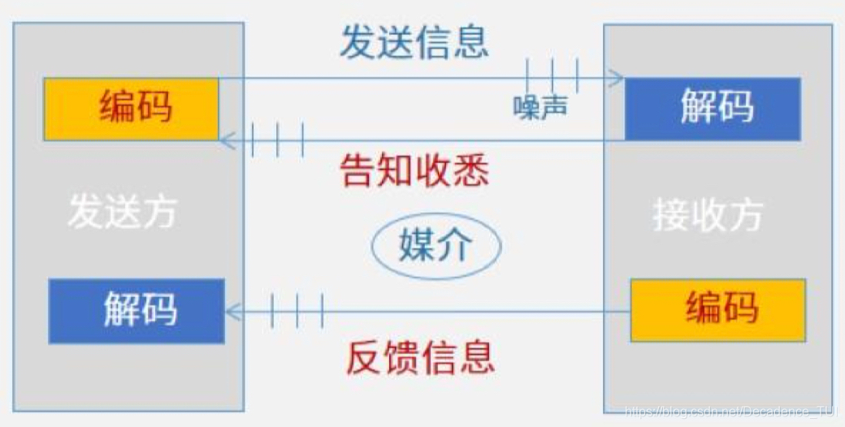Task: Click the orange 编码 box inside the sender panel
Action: pyautogui.click(x=131, y=109)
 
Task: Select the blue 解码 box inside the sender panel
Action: pyautogui.click(x=136, y=310)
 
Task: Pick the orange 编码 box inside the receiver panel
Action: pyautogui.click(x=718, y=309)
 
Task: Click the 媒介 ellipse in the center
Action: pyautogui.click(x=436, y=245)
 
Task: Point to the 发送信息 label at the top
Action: pyautogui.click(x=414, y=42)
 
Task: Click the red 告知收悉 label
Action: pyautogui.click(x=415, y=170)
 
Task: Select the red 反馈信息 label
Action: pyautogui.click(x=420, y=357)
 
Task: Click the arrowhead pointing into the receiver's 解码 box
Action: pyautogui.click(x=617, y=79)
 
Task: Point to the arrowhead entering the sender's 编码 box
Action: pyautogui.click(x=227, y=140)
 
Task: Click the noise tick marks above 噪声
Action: pyautogui.click(x=552, y=75)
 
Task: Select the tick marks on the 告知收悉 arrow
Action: pyautogui.click(x=278, y=140)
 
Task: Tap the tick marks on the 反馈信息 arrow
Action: pyautogui.click(x=297, y=310)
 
